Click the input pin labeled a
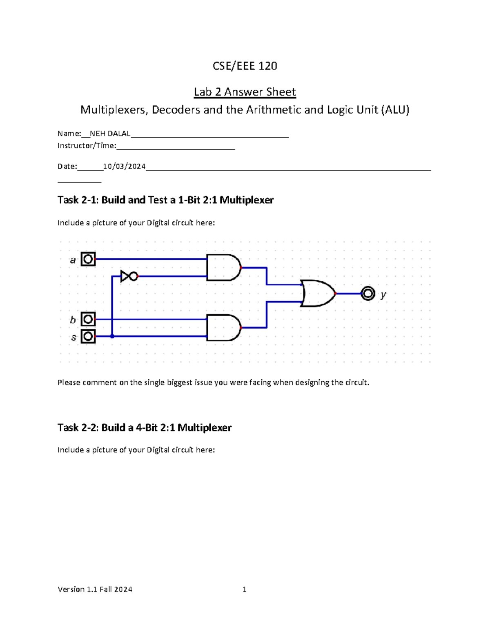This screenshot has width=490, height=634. pos(88,259)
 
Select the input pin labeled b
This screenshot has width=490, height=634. pos(88,319)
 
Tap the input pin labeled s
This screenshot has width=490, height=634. pos(88,336)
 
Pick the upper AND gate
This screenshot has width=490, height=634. pos(223,267)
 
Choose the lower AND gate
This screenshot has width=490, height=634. pos(223,327)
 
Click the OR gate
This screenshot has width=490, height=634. pos(318,293)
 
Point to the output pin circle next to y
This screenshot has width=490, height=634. pos(368,293)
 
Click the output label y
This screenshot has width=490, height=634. pos(383,294)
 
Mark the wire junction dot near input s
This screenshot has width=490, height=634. pos(112,336)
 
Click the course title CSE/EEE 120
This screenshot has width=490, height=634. pos(245,66)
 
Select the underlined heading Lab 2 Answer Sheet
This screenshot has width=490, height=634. pos(245,92)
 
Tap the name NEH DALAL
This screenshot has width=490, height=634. pos(110,133)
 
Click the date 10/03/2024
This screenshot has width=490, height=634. pos(124,166)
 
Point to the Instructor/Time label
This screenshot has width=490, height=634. pos(87,146)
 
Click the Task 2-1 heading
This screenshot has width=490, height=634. pos(165,200)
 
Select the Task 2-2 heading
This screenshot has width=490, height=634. pos(144,427)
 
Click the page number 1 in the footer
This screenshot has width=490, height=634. pos(244,589)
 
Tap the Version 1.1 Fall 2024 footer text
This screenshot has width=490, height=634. pos(95,589)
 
